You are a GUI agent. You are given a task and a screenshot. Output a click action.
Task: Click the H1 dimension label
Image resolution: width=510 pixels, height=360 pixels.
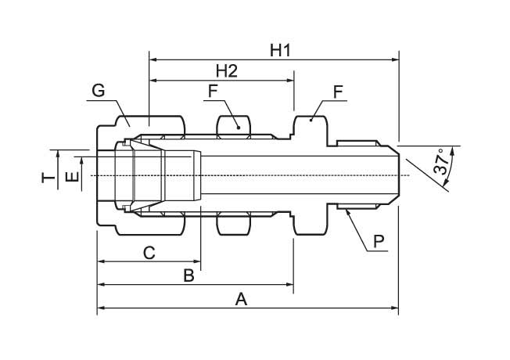(x=280, y=50)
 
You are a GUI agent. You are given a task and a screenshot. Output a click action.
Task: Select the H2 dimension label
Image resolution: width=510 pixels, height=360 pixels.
(x=227, y=71)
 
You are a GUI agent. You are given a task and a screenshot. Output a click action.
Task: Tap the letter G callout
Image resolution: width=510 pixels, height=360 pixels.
(x=99, y=90)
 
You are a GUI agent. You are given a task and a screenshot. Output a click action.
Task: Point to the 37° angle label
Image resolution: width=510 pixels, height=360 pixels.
(x=441, y=162)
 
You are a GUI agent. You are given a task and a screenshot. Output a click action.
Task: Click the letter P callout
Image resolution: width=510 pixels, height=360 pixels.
(x=379, y=242)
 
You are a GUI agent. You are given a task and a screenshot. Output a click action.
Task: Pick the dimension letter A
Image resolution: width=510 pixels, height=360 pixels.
(x=241, y=300)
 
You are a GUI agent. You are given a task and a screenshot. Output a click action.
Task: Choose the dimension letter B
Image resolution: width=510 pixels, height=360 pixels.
(x=189, y=275)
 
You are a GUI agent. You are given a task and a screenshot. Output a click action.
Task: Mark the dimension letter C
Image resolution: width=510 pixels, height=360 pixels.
(x=149, y=253)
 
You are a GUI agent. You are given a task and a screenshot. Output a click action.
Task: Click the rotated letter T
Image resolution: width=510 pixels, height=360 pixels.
(x=48, y=178)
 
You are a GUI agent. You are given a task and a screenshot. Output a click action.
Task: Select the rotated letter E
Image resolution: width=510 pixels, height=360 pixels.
(x=72, y=177)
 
